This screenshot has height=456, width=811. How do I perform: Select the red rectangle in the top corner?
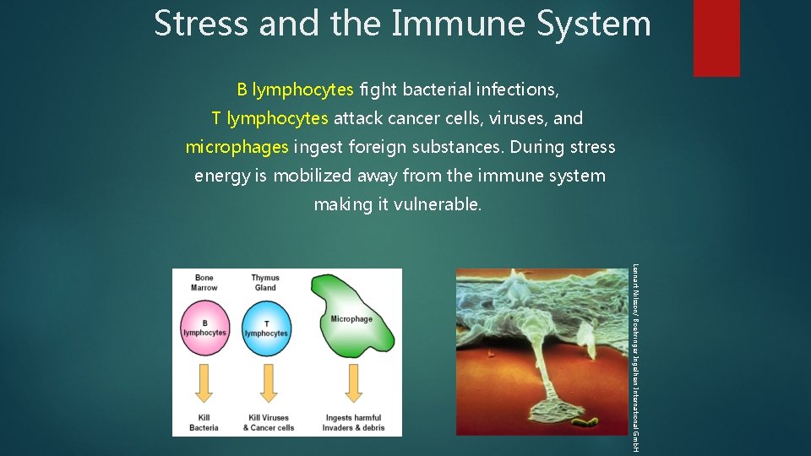point(716,37)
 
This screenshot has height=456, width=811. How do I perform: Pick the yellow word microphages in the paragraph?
point(237,147)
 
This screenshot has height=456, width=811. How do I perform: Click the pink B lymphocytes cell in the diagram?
point(204,328)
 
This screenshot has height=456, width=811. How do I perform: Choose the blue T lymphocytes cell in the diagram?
point(266,328)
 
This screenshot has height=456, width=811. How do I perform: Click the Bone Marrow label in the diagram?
point(204,283)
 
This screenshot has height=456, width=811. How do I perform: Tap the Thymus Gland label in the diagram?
point(265,283)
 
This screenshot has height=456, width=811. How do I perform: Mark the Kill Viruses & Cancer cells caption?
point(268,422)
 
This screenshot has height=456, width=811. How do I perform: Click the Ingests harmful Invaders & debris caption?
point(353,422)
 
